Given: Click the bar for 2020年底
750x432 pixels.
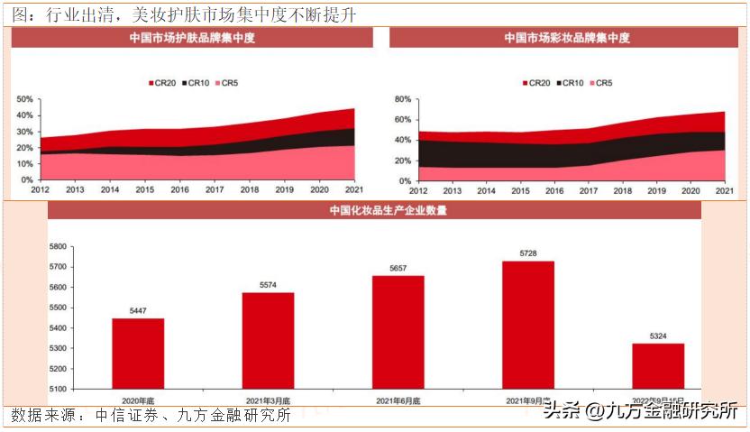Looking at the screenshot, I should [x=138, y=354].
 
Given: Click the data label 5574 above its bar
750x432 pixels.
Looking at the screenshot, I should [x=268, y=284].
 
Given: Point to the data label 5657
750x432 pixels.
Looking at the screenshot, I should [x=398, y=268].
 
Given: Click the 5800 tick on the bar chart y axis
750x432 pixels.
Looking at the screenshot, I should [x=57, y=246].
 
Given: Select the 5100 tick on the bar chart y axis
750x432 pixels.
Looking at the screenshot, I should [x=57, y=390].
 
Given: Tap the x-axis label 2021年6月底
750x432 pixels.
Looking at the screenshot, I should [x=398, y=400].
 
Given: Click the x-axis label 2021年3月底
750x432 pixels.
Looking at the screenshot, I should [x=268, y=400].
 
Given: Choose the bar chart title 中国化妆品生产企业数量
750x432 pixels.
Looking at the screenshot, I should [x=374, y=211].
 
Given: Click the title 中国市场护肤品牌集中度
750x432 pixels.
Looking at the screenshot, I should [x=191, y=38].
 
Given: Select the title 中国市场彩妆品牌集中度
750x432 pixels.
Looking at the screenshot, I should [x=567, y=38].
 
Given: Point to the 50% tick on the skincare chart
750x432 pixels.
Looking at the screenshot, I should [x=24, y=99].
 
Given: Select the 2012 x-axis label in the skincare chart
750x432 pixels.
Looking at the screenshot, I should [x=41, y=190].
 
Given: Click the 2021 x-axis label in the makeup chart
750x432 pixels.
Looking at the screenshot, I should [x=724, y=190].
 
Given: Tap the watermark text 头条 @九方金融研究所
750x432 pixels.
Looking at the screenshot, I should [x=640, y=412].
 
